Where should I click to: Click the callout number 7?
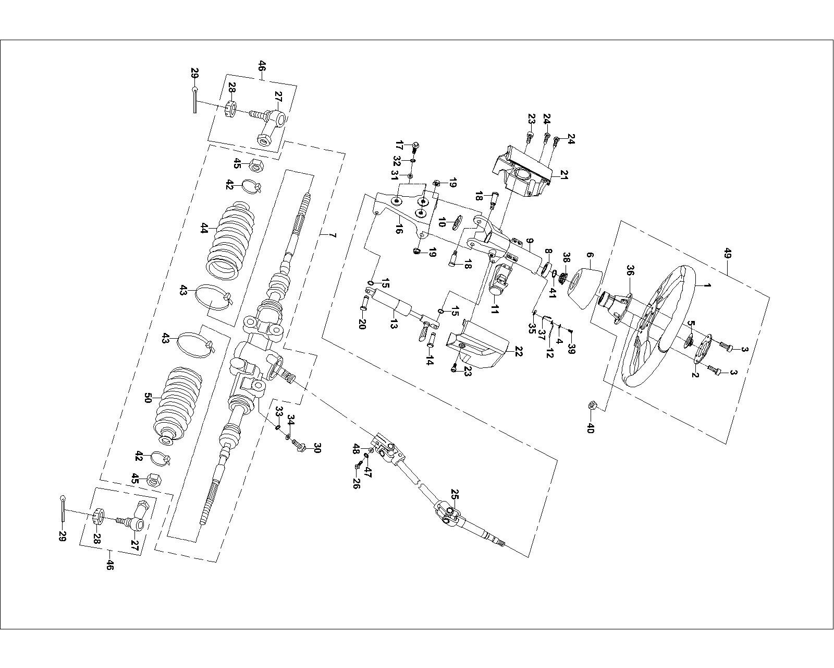[332, 236]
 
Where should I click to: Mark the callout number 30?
[317, 448]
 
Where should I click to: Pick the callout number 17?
[399, 144]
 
